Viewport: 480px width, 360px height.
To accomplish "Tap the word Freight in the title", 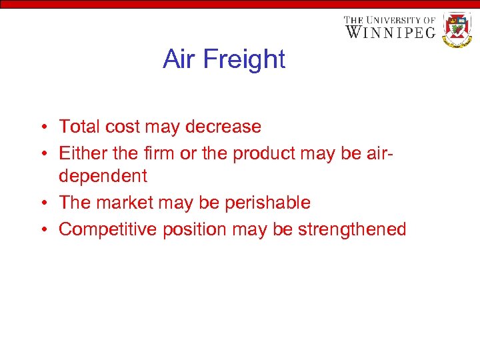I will pos(244,59).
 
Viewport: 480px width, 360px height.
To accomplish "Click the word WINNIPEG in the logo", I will pos(390,31).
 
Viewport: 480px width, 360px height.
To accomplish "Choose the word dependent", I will pos(103,177).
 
